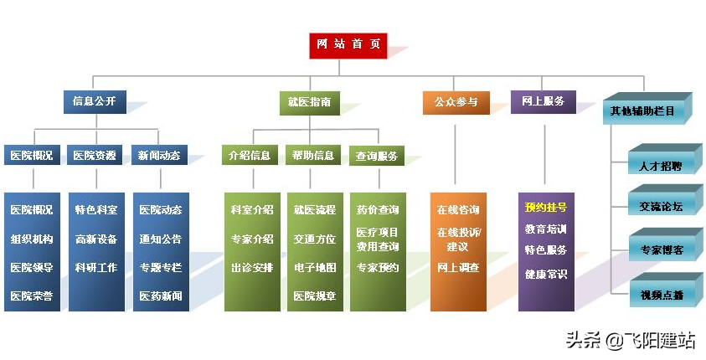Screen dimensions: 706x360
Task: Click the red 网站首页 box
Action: click(348, 46)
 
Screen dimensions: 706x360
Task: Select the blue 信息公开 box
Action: click(95, 101)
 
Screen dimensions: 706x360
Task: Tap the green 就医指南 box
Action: click(310, 103)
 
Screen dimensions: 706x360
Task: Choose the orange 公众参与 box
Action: click(456, 103)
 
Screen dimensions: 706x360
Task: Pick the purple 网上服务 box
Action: click(544, 101)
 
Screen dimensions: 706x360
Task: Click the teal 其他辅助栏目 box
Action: click(643, 111)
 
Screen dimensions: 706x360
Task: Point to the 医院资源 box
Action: click(95, 155)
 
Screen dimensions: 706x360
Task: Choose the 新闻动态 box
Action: click(159, 155)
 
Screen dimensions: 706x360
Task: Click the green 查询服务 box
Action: click(377, 157)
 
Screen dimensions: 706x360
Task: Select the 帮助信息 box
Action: click(313, 155)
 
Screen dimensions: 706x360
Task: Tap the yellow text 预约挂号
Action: click(546, 208)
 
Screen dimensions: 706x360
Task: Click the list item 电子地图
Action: click(315, 268)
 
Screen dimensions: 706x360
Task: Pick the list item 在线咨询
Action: click(458, 210)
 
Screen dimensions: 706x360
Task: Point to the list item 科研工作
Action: click(96, 267)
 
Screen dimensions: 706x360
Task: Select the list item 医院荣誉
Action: click(32, 296)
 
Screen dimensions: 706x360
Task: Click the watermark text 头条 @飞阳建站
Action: click(631, 341)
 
